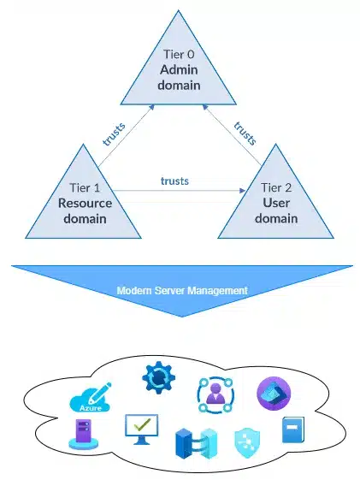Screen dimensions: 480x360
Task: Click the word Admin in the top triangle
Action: pyautogui.click(x=180, y=71)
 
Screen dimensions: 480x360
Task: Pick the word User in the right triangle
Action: pyautogui.click(x=275, y=203)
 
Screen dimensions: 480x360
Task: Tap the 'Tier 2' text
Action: pyautogui.click(x=275, y=186)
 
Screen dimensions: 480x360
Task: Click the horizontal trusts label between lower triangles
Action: pyautogui.click(x=174, y=181)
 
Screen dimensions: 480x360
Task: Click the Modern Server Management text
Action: pyautogui.click(x=182, y=291)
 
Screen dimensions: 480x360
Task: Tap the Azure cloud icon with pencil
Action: pyautogui.click(x=88, y=399)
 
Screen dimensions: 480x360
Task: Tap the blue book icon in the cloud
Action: pyautogui.click(x=292, y=430)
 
